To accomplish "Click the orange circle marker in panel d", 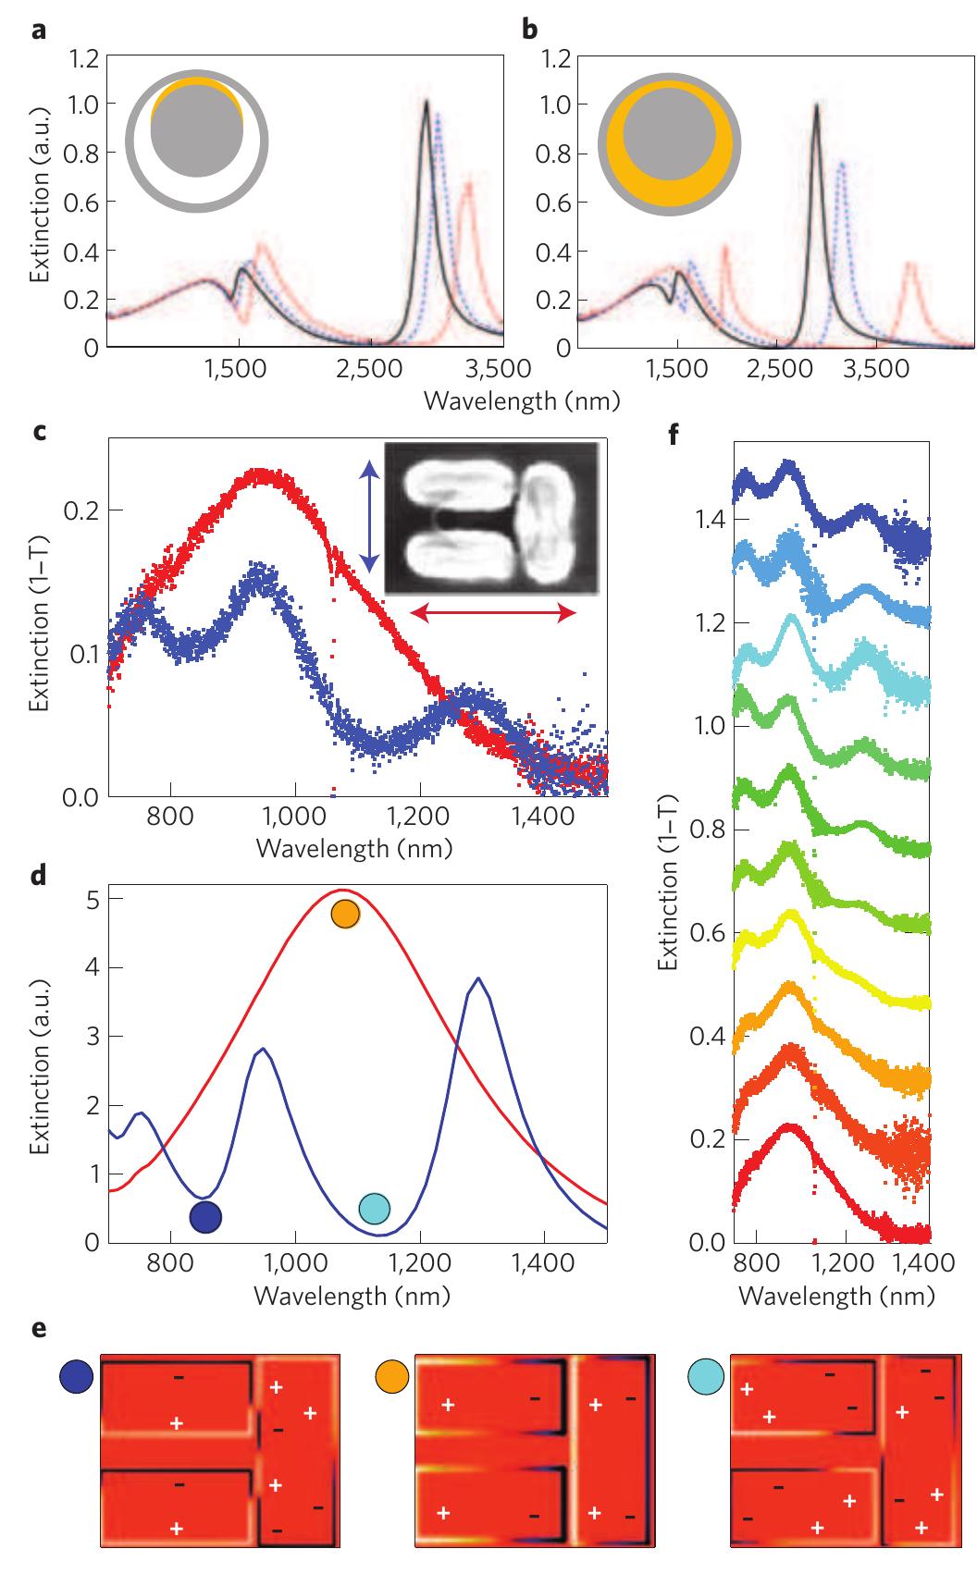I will click(345, 914).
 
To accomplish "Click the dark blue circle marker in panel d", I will click(205, 1217).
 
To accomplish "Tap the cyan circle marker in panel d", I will click(374, 1208).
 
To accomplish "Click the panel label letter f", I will click(674, 434).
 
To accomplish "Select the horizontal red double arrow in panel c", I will click(493, 611).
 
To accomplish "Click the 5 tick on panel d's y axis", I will click(91, 899).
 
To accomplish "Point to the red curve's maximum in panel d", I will click(343, 890).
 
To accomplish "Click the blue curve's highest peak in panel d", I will click(477, 978).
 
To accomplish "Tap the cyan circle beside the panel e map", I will click(706, 1377).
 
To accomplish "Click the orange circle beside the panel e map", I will click(391, 1377).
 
